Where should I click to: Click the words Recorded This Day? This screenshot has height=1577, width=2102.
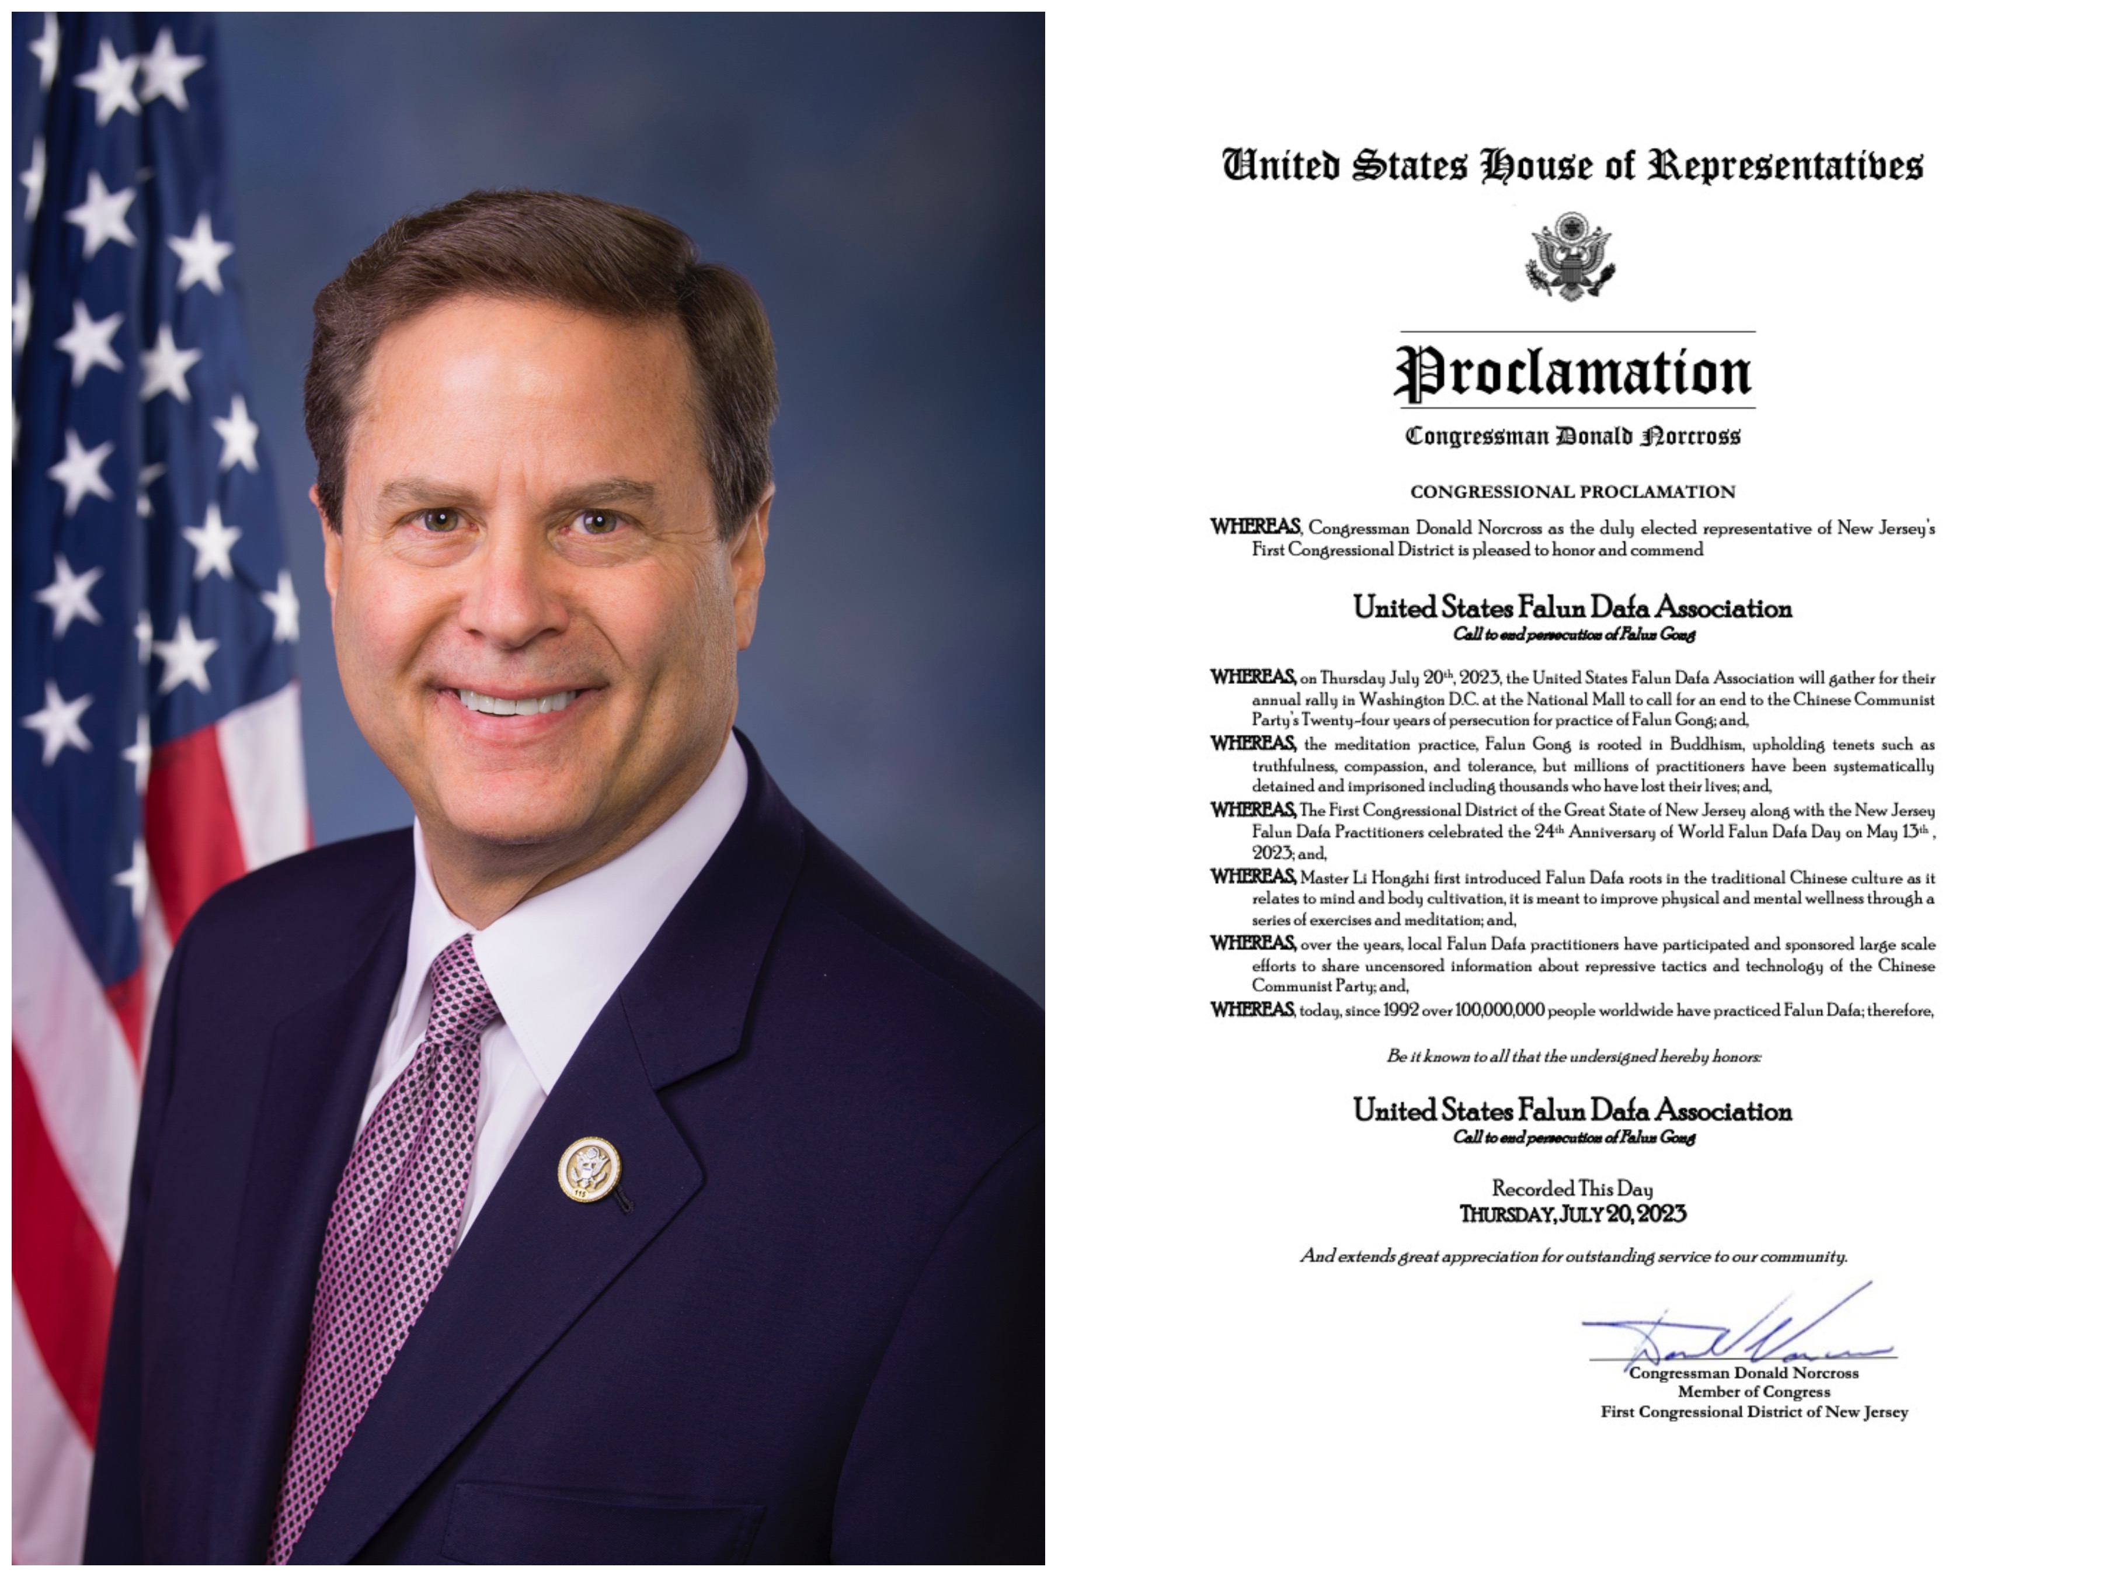pos(1572,1188)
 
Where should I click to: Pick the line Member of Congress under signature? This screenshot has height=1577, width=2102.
pos(1753,1392)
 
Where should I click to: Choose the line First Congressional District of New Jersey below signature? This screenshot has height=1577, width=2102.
pos(1753,1412)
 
